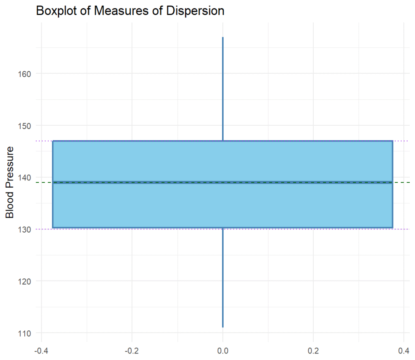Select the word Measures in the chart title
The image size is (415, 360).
(x=117, y=11)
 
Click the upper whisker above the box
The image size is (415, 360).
(x=222, y=89)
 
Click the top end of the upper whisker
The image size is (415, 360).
(x=222, y=37)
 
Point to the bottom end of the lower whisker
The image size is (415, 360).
(x=222, y=327)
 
